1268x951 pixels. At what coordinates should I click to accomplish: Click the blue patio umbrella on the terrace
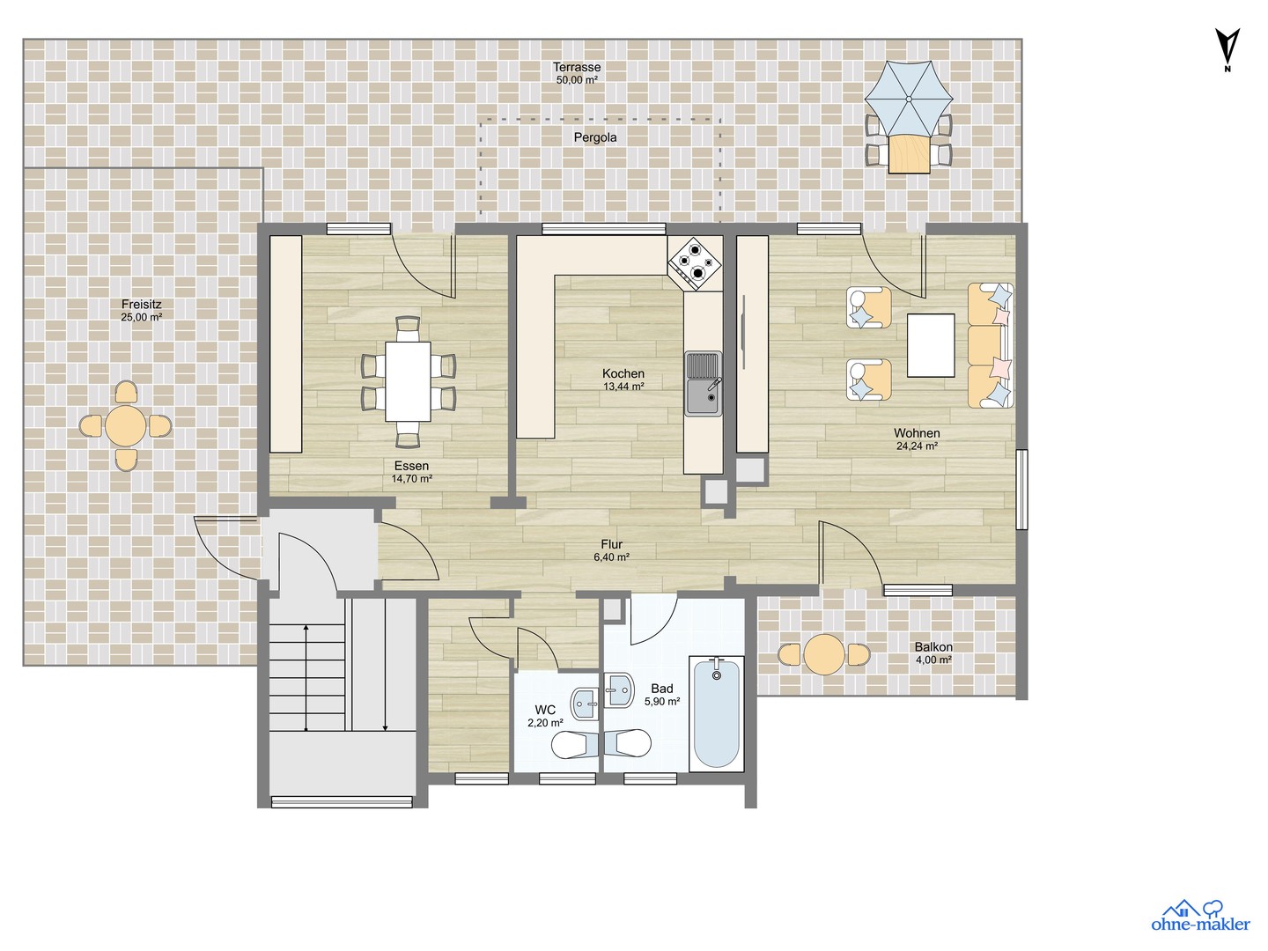pos(908,99)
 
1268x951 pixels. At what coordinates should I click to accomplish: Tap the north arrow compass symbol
pos(1227,49)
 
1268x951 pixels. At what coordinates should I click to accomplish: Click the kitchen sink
pos(703,383)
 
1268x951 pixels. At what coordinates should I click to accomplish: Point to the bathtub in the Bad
pos(716,713)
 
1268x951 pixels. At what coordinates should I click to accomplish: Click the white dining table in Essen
pos(408,381)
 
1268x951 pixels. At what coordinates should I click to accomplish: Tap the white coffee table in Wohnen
pos(931,345)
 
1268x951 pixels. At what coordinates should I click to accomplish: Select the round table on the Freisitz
pos(125,426)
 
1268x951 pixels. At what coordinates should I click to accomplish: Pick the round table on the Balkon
pos(824,655)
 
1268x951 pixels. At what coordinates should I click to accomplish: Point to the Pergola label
pos(595,137)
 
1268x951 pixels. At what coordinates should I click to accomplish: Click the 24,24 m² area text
pos(917,446)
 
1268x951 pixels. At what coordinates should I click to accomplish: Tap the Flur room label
pos(612,544)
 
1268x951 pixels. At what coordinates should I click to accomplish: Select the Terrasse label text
pos(577,67)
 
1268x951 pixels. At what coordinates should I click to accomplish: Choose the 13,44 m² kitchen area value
pos(623,387)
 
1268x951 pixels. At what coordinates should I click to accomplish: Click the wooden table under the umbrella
pos(910,154)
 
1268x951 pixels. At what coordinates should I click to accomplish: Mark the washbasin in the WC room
pos(586,704)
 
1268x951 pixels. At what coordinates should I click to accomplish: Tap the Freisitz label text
pos(142,304)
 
